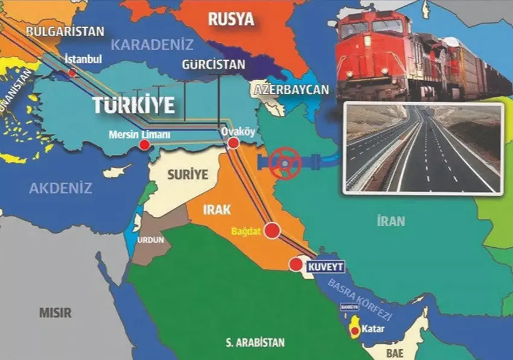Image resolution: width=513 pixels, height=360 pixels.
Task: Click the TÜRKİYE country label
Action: point(133,105)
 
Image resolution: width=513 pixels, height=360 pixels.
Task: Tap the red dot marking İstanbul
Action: point(72,73)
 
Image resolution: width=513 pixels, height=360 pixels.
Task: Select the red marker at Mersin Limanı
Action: point(145,145)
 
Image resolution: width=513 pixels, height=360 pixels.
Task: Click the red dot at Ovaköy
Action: point(234,143)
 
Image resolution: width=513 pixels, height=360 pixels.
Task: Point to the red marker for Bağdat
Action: point(273,231)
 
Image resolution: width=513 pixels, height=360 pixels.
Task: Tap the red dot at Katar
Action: point(355,330)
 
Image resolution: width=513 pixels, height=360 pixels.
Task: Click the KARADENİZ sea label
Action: point(152,45)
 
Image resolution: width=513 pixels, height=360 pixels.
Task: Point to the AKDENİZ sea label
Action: point(60,188)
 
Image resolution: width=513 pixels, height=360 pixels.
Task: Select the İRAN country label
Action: point(390,221)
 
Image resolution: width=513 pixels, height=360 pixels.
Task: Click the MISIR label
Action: point(55,313)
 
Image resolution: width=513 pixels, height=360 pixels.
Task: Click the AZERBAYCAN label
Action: point(292,90)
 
